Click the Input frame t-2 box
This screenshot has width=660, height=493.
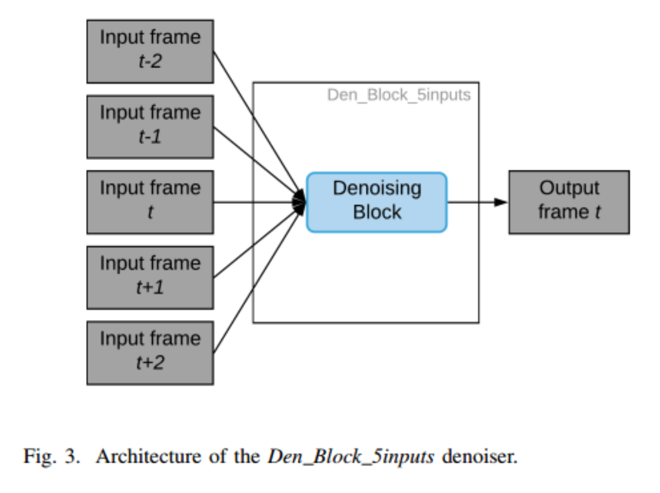click(x=150, y=51)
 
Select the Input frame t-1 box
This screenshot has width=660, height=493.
click(x=150, y=126)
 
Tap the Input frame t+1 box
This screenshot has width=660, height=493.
click(x=150, y=277)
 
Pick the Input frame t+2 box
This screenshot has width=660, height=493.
click(x=150, y=353)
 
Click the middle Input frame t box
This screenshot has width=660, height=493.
click(x=150, y=202)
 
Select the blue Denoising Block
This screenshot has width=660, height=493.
click(x=377, y=202)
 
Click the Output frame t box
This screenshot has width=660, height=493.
click(x=569, y=202)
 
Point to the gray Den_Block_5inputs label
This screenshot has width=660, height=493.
click(x=399, y=95)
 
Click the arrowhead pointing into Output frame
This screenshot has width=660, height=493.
click(x=501, y=202)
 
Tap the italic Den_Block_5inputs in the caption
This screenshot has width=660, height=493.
click(x=351, y=456)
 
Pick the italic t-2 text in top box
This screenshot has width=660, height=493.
click(x=150, y=62)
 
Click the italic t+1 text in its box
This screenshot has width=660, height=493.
click(x=150, y=288)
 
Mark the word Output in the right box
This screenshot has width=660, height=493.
click(x=569, y=188)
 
